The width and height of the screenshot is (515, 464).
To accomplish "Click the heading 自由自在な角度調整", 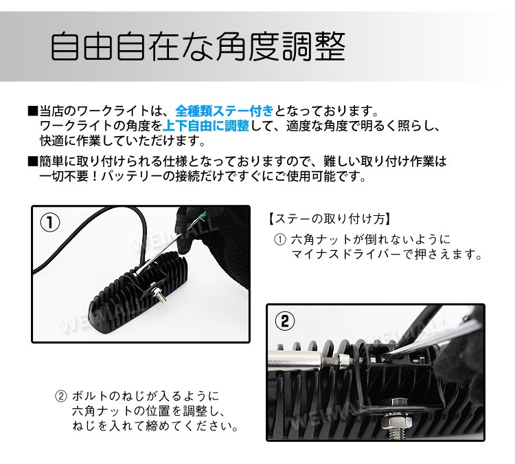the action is [x=198, y=46].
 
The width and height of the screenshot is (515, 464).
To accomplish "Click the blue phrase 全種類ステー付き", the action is [x=225, y=111].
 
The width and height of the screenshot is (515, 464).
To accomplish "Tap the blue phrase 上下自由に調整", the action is [x=206, y=126].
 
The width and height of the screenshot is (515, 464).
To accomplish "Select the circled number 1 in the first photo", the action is [x=50, y=223].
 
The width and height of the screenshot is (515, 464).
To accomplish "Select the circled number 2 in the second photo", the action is [x=284, y=320].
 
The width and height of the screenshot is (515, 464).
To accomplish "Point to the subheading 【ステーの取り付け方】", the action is [x=330, y=219].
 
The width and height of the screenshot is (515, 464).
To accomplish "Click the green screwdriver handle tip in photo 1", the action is [x=202, y=216].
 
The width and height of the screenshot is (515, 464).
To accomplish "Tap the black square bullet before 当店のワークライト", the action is [x=33, y=111].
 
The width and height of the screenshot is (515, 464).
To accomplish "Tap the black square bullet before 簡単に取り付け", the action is [x=33, y=162].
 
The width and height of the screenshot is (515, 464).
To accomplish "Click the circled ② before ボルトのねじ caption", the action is [x=61, y=396].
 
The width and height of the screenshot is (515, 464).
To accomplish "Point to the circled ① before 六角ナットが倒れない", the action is [x=280, y=240].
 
